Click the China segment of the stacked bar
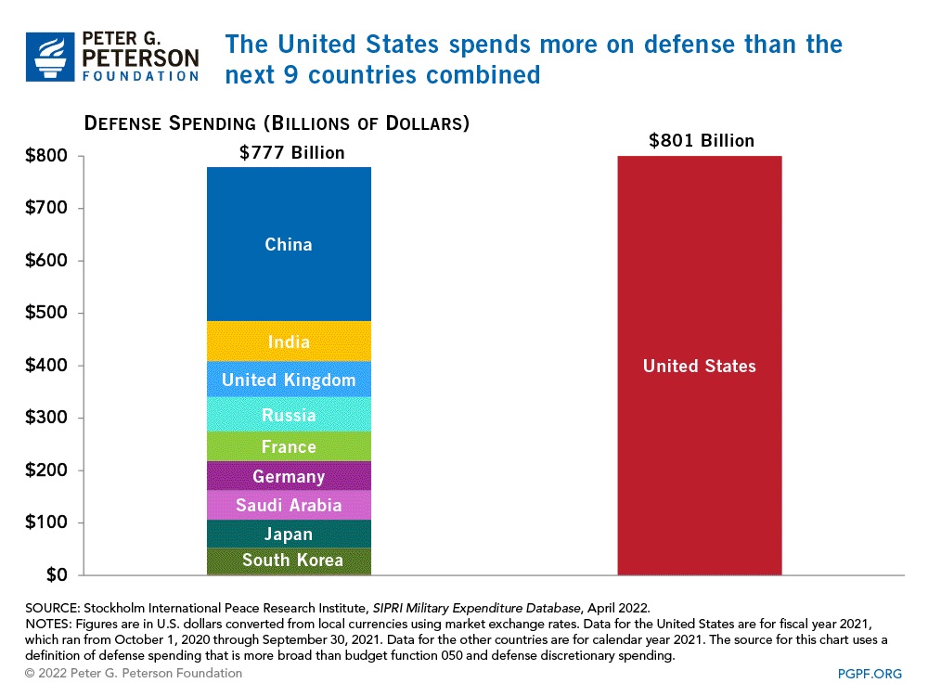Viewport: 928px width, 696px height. (289, 245)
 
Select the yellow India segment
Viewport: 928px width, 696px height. (289, 342)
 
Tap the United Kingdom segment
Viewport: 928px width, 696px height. (289, 380)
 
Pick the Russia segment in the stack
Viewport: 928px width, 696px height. (289, 415)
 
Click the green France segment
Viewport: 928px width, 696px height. (289, 446)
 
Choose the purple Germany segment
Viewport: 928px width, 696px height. (289, 476)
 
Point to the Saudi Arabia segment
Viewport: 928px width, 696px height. (289, 505)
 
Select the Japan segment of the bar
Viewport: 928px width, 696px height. (289, 534)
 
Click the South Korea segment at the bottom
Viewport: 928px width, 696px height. (289, 560)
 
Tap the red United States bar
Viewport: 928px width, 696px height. (700, 366)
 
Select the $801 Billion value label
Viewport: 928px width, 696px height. (701, 141)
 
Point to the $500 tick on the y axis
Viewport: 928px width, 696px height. (47, 313)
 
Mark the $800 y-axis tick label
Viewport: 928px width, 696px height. (47, 156)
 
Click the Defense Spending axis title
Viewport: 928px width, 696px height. (277, 123)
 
